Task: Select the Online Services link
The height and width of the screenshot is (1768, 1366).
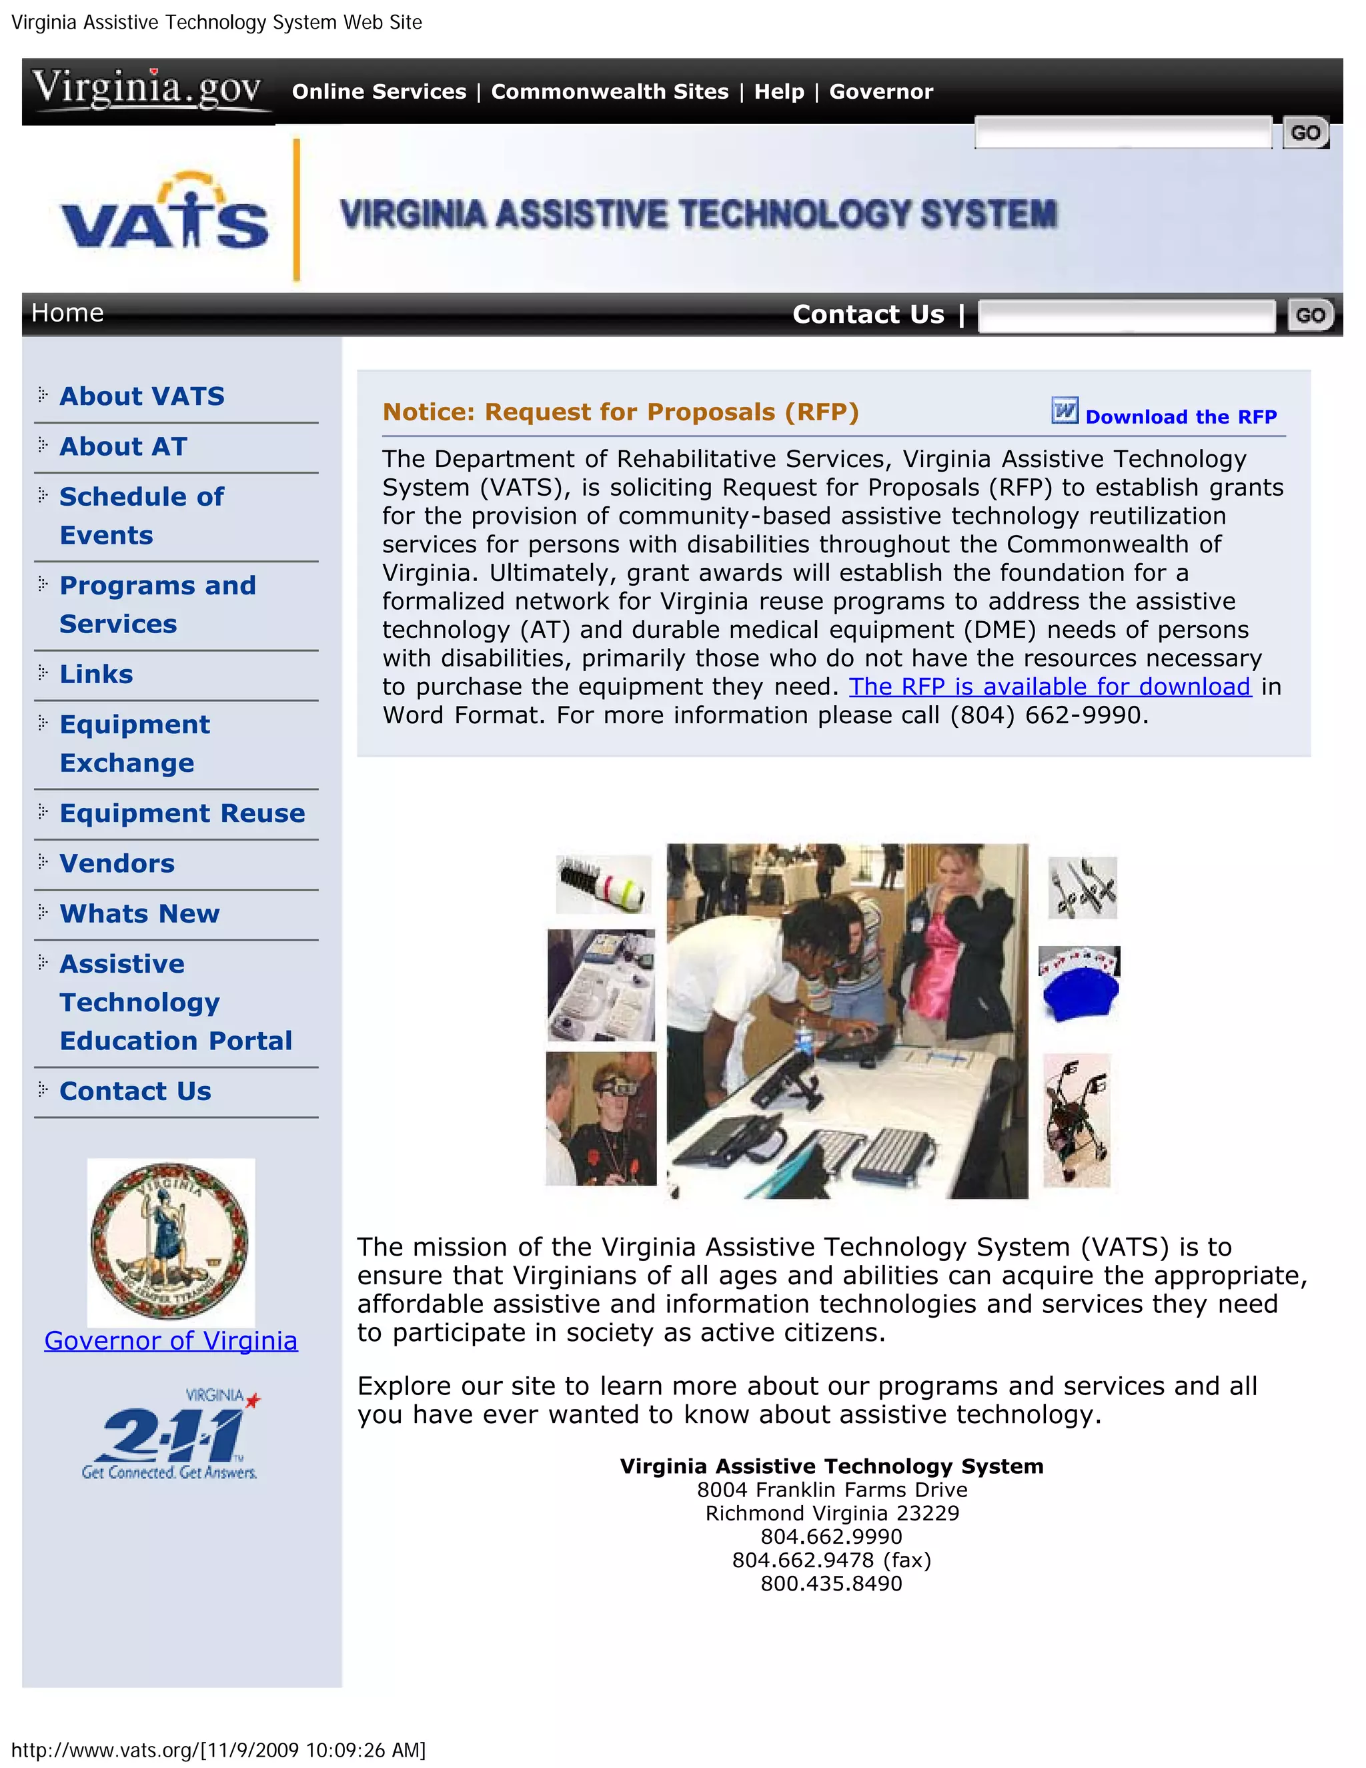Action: [x=379, y=91]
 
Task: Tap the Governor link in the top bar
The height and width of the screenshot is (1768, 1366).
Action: [x=880, y=91]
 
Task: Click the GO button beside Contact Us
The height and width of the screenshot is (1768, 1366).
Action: [x=1309, y=315]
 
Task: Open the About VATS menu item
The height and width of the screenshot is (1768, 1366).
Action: [x=141, y=396]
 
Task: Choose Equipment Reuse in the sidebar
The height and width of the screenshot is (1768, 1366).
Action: [x=182, y=813]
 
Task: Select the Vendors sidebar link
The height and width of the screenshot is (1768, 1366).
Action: [x=117, y=863]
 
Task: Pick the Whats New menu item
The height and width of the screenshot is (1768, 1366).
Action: [x=139, y=913]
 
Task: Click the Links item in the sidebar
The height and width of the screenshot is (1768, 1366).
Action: [x=96, y=674]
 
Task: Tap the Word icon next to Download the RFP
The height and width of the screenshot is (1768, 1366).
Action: [x=1064, y=410]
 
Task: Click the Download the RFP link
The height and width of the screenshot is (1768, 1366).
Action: [x=1181, y=417]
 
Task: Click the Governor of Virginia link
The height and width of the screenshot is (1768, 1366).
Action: [x=171, y=1340]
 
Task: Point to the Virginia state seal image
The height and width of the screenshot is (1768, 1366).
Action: [x=170, y=1240]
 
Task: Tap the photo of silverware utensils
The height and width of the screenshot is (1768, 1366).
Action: [x=1082, y=888]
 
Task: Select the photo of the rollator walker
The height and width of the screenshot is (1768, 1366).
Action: [x=1077, y=1120]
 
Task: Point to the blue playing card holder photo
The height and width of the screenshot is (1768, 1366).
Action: [x=1080, y=983]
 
